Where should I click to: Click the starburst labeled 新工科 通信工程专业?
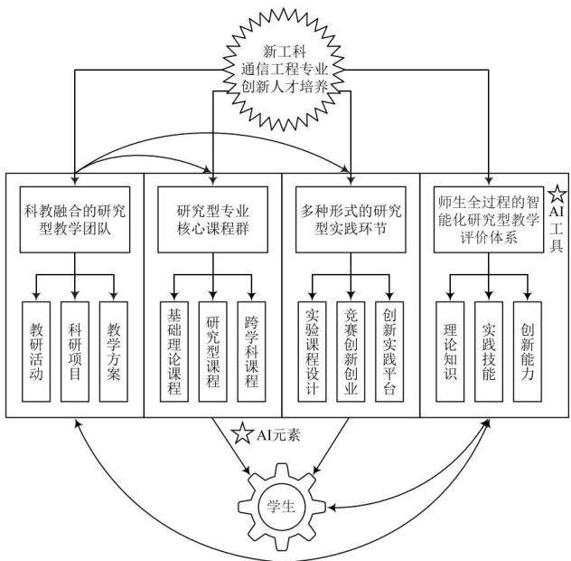[284, 70]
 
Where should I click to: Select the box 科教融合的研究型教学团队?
[75, 220]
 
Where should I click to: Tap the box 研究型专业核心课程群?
[212, 220]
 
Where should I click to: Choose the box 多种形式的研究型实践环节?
[351, 220]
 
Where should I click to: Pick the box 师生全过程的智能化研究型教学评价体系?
[489, 220]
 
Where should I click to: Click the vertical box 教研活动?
[36, 352]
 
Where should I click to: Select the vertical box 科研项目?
[75, 352]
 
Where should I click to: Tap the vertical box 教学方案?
[114, 352]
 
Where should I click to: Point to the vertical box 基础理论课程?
[174, 352]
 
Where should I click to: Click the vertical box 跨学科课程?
[252, 352]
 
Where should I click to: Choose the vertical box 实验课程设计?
[312, 352]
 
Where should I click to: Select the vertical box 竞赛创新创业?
[351, 352]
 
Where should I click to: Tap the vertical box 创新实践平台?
[389, 352]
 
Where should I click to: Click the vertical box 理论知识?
[450, 352]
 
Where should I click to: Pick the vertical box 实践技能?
[489, 352]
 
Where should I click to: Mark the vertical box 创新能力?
[528, 352]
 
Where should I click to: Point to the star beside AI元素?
[242, 433]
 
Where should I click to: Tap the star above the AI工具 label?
[557, 194]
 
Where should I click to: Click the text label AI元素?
[278, 435]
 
